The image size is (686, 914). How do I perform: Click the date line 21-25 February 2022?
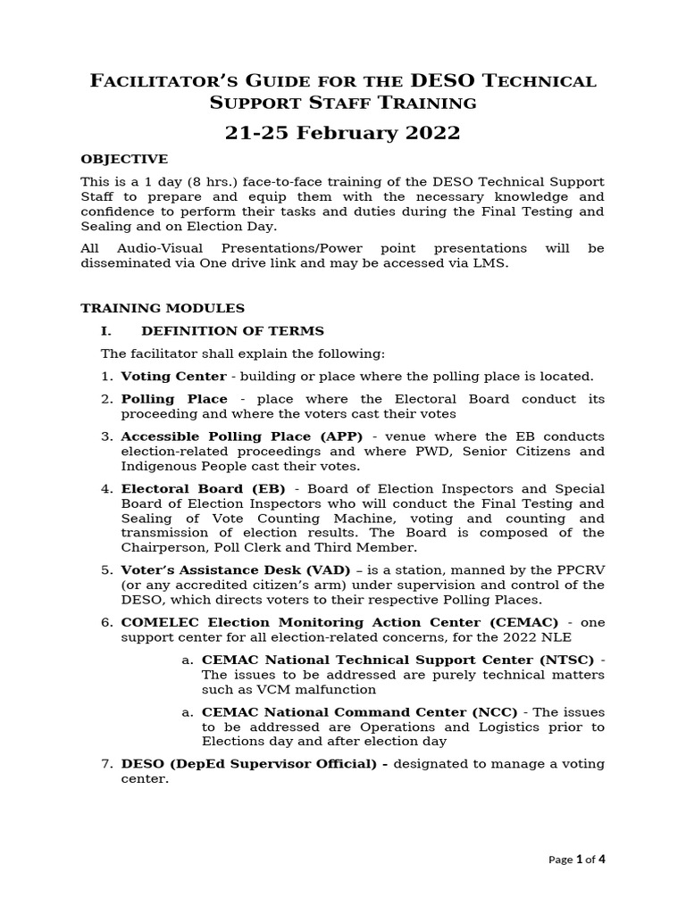(343, 133)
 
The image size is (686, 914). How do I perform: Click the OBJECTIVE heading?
(124, 159)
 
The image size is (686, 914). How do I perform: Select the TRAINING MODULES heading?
(163, 308)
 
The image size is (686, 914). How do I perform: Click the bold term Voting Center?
(173, 377)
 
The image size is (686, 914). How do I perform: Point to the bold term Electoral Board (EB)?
(203, 489)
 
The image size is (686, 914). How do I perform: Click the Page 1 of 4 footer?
(576, 860)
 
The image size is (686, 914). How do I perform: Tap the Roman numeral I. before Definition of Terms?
(106, 331)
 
